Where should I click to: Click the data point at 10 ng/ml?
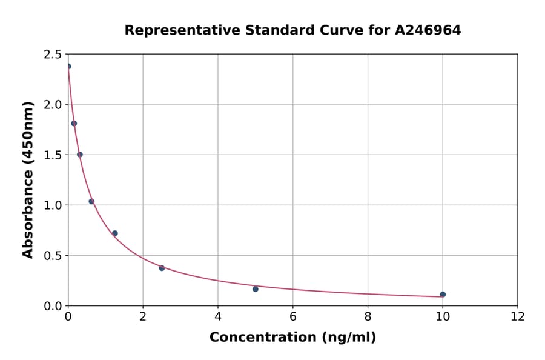[x=443, y=295]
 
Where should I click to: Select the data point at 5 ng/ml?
[x=256, y=289]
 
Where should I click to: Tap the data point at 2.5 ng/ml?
[x=162, y=268]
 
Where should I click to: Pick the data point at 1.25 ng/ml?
[x=115, y=233]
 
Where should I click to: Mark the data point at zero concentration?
[x=68, y=67]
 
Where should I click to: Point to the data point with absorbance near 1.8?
[x=74, y=124]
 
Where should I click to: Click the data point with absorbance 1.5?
[x=80, y=155]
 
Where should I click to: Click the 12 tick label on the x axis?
[x=518, y=316]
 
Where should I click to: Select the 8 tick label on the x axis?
[x=368, y=316]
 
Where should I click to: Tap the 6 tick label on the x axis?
[x=293, y=316]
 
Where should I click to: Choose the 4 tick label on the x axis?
[x=218, y=316]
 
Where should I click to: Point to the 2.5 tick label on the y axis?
[x=53, y=55]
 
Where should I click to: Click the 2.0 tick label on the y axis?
[x=53, y=105]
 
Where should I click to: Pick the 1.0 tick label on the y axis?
[x=53, y=205]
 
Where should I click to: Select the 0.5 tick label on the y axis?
[x=53, y=256]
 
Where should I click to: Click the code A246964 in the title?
[x=428, y=30]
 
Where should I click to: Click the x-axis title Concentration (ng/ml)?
[x=292, y=338]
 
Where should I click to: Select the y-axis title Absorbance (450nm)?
[x=28, y=179]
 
